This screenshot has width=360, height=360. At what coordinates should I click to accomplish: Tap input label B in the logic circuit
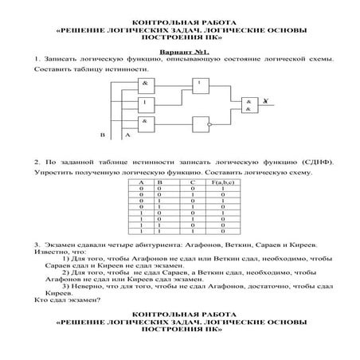(101, 135)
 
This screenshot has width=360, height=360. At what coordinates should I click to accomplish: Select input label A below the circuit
(127, 135)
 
